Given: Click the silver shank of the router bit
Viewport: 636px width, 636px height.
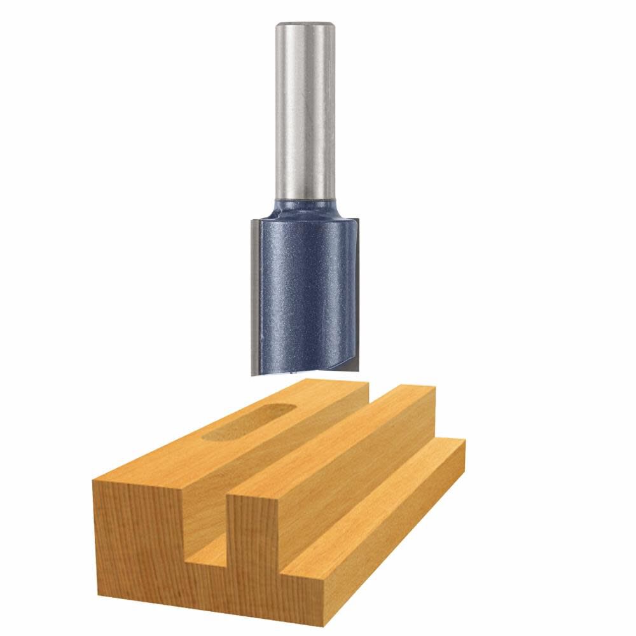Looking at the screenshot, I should click(305, 114).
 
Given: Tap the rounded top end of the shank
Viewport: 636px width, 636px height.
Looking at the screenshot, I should click(305, 25).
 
